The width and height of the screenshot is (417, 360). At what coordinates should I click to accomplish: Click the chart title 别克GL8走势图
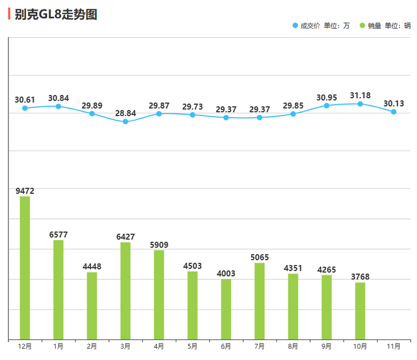coord(56,14)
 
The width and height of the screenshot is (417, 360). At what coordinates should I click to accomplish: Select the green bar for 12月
coord(25,267)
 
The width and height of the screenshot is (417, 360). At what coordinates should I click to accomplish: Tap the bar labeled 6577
coord(58,289)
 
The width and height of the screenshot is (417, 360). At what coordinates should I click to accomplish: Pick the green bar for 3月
coord(126,291)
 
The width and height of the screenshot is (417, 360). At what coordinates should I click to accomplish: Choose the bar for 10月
coord(360,311)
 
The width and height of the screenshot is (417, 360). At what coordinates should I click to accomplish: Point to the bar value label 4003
coord(226,273)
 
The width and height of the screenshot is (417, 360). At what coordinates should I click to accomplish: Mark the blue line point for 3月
coord(126,121)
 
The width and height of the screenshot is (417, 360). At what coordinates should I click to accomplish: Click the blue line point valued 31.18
coord(360,104)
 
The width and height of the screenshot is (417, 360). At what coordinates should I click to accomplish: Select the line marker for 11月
coord(394,112)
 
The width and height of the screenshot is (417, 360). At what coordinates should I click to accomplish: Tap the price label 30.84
coord(58,98)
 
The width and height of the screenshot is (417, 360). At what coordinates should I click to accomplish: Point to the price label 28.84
coord(126,113)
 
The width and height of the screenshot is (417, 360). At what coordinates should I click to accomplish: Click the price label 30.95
coord(327,98)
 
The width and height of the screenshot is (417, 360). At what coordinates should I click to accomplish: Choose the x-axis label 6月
coord(226,347)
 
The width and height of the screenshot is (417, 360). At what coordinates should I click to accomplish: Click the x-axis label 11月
coord(394,347)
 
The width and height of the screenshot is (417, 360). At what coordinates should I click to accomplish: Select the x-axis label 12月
coord(25,347)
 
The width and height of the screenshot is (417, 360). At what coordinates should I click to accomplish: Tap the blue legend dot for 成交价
coord(295,26)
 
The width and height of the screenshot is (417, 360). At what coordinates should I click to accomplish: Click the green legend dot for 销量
coord(363,26)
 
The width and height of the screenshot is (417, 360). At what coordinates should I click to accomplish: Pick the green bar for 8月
coord(293,306)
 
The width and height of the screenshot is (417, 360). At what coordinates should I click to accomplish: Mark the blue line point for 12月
coord(25,108)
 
